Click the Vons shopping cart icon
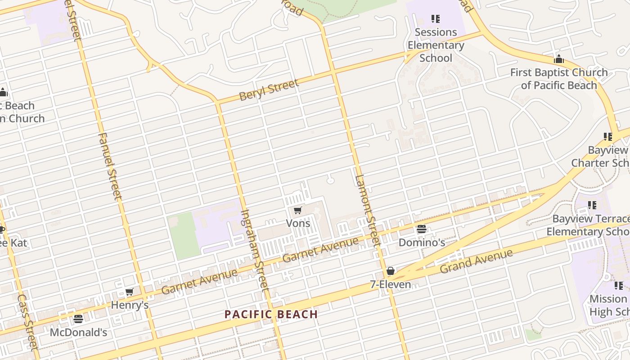297,210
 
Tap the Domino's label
422,243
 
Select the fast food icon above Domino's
422,229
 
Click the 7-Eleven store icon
391,271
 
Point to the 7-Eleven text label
390,284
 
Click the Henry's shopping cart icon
130,292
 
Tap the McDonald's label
78,333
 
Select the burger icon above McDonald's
78,319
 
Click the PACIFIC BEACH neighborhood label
271,314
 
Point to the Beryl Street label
269,90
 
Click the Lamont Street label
368,210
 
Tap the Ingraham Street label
255,250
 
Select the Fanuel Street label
110,166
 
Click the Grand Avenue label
476,261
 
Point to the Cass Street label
27,322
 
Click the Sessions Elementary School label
436,45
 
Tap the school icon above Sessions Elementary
436,19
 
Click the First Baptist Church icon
559,59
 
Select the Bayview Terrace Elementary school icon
592,205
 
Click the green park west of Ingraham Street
182,235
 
